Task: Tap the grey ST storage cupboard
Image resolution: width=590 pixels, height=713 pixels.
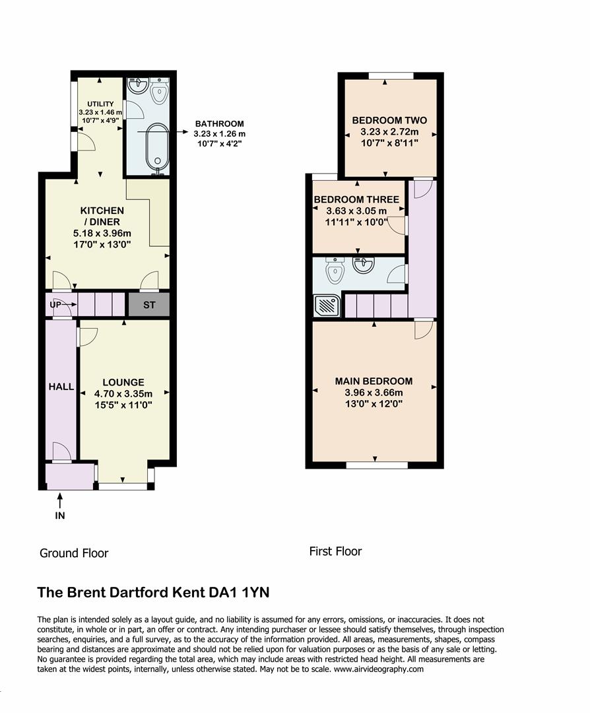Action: click(x=148, y=306)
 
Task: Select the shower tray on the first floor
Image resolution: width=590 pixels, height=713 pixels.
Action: click(x=326, y=305)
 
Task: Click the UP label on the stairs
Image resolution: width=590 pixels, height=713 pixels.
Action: click(x=56, y=305)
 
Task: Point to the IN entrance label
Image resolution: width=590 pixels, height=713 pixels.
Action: click(x=60, y=516)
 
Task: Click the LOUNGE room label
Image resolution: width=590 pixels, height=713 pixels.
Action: click(x=123, y=382)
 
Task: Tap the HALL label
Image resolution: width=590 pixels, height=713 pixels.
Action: click(x=61, y=387)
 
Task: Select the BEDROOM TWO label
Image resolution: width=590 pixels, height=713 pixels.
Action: click(x=389, y=120)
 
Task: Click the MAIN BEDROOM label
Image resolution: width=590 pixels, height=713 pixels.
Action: click(x=374, y=381)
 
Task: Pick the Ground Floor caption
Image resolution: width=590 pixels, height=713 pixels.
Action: click(x=74, y=553)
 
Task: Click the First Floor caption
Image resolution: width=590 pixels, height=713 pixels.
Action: click(x=335, y=551)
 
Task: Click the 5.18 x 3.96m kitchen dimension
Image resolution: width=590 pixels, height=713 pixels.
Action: click(x=102, y=233)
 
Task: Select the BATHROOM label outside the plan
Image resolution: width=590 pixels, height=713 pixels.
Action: click(x=218, y=123)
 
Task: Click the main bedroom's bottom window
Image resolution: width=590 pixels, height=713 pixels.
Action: click(x=377, y=465)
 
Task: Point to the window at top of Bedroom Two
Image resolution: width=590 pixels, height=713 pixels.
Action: click(x=391, y=75)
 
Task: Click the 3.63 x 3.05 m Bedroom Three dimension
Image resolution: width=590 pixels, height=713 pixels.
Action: click(x=356, y=211)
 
